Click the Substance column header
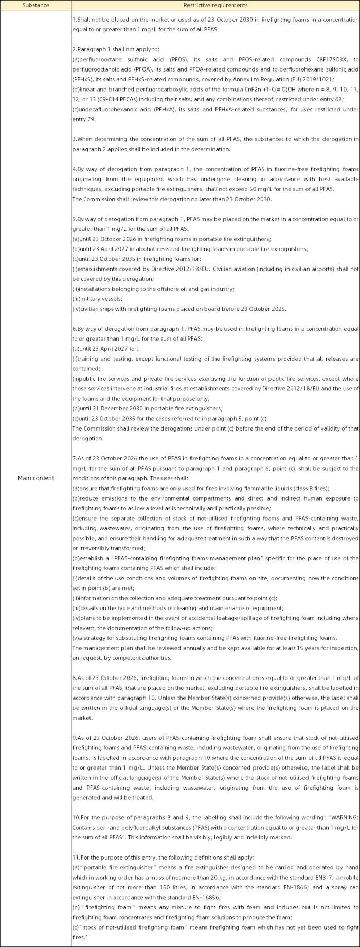tap(35, 5)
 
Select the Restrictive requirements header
tap(215, 5)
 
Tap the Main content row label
tap(35, 478)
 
